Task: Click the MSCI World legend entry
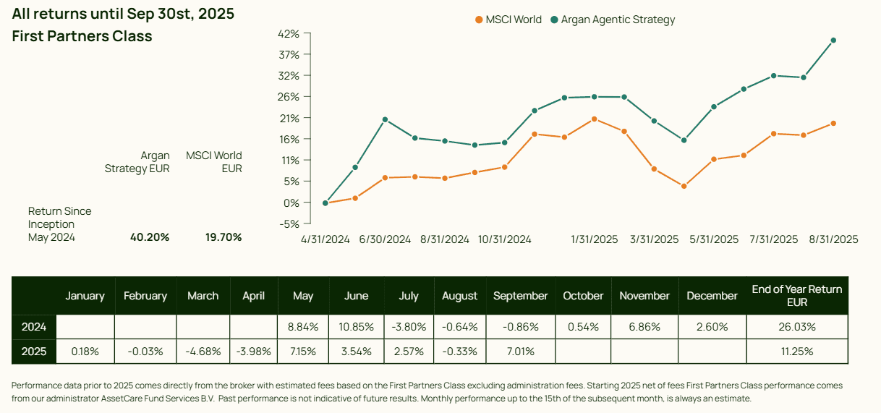click(x=508, y=20)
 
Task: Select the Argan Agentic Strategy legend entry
click(x=613, y=20)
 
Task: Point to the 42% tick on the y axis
click(x=289, y=34)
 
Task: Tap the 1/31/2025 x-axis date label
click(x=595, y=239)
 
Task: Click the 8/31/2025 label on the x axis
click(x=833, y=239)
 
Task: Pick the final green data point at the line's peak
click(x=833, y=41)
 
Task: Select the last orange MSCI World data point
click(x=833, y=124)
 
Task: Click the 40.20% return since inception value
click(x=150, y=237)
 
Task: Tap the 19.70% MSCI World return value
click(x=223, y=237)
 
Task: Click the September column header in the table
click(x=521, y=296)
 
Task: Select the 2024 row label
click(x=34, y=327)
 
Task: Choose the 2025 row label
click(x=34, y=352)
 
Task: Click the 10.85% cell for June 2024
click(x=356, y=327)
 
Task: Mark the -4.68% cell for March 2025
click(x=203, y=352)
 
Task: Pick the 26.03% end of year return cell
click(x=796, y=327)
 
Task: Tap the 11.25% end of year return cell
click(x=796, y=352)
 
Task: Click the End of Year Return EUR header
click(x=796, y=296)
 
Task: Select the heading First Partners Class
click(x=82, y=35)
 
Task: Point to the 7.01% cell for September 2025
click(x=521, y=352)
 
